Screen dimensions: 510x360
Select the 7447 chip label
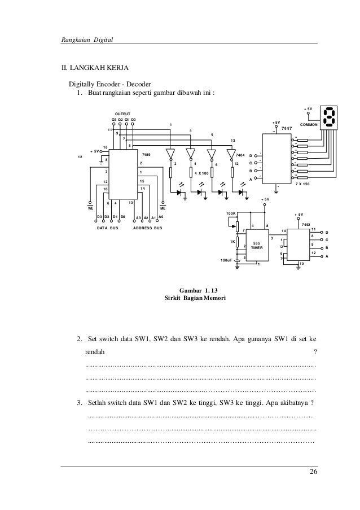[286, 128]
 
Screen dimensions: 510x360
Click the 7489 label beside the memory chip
[146, 154]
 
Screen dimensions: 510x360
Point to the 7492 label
[306, 224]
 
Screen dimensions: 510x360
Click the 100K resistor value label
[230, 213]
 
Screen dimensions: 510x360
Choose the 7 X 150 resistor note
[306, 184]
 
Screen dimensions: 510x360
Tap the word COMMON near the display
[309, 124]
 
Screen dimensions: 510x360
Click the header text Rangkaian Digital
[87, 40]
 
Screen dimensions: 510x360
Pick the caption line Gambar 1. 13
[195, 290]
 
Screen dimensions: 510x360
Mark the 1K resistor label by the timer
[231, 241]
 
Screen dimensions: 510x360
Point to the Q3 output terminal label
[114, 120]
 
